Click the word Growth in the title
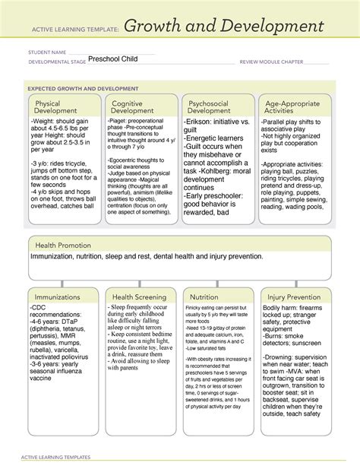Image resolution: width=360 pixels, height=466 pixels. pos(162,28)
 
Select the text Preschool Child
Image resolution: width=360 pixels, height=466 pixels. pos(112,59)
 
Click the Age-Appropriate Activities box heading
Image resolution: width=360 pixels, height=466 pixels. pos(290,107)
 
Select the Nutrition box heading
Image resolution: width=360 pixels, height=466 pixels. pos(204,296)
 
